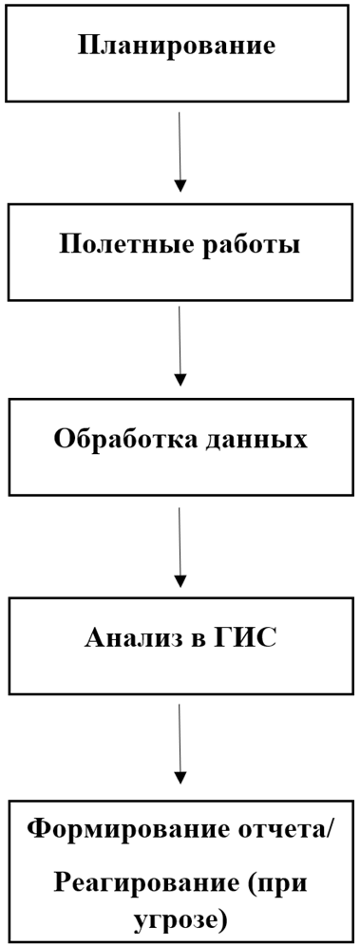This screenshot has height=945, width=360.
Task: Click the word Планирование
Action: [x=177, y=46]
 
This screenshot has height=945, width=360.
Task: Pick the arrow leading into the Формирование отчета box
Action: [x=180, y=743]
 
